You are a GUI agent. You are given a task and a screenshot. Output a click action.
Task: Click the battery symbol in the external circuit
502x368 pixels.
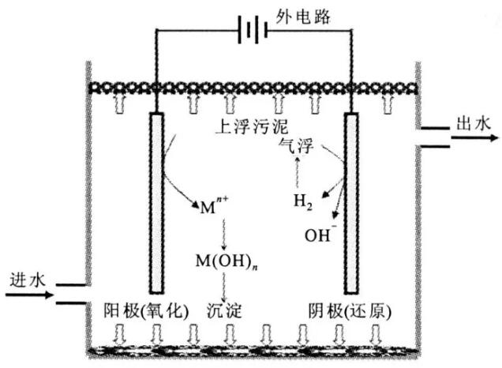(x=250, y=32)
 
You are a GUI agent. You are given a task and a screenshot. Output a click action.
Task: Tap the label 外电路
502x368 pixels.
(x=298, y=14)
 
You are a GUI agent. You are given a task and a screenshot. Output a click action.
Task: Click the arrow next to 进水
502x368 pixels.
(x=28, y=295)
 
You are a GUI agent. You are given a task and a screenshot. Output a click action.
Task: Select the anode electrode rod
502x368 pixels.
(x=156, y=201)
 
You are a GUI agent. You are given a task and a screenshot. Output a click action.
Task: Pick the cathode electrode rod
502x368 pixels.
(x=351, y=201)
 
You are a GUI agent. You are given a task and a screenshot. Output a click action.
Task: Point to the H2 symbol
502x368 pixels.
(x=303, y=202)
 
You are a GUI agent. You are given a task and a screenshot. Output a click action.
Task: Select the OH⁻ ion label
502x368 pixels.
(x=320, y=234)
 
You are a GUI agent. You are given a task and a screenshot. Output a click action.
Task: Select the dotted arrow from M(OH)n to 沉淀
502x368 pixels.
(x=224, y=284)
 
